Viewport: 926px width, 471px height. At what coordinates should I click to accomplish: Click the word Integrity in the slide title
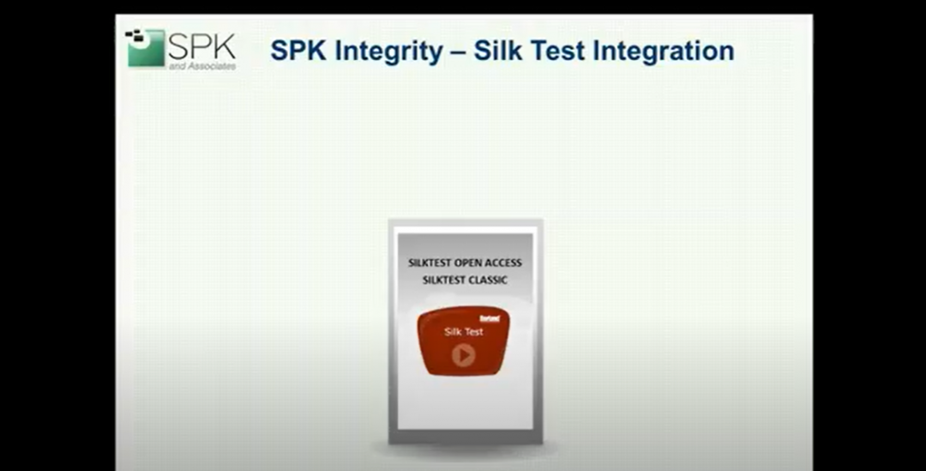pos(389,51)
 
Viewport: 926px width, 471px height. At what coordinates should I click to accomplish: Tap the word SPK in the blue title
pos(299,51)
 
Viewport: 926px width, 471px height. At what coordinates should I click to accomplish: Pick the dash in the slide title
pos(457,51)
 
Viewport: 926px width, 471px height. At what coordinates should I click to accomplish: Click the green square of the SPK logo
pos(146,49)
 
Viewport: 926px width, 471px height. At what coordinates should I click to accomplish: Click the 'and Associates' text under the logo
pos(202,65)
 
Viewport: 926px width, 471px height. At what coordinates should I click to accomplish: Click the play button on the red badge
pos(463,354)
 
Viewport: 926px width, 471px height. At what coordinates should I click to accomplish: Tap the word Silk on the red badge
pos(454,332)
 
